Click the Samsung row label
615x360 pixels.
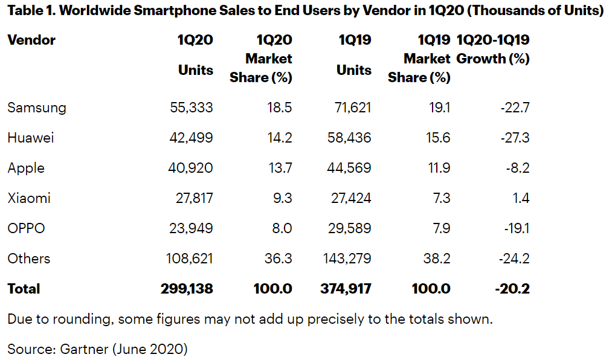click(x=37, y=108)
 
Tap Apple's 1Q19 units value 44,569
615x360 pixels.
click(x=347, y=168)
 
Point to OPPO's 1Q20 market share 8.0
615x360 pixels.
click(x=281, y=228)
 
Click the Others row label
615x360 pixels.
click(x=29, y=259)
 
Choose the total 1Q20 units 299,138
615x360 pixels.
click(x=187, y=289)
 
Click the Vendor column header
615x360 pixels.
click(x=31, y=40)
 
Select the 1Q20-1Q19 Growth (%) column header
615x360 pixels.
click(x=493, y=50)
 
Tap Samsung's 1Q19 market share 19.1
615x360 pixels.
click(x=438, y=108)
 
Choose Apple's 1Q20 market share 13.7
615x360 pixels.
click(x=280, y=168)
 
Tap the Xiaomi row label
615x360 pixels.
click(x=29, y=198)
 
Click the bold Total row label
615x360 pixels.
click(x=24, y=289)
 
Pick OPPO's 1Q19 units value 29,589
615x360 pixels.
click(x=347, y=228)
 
